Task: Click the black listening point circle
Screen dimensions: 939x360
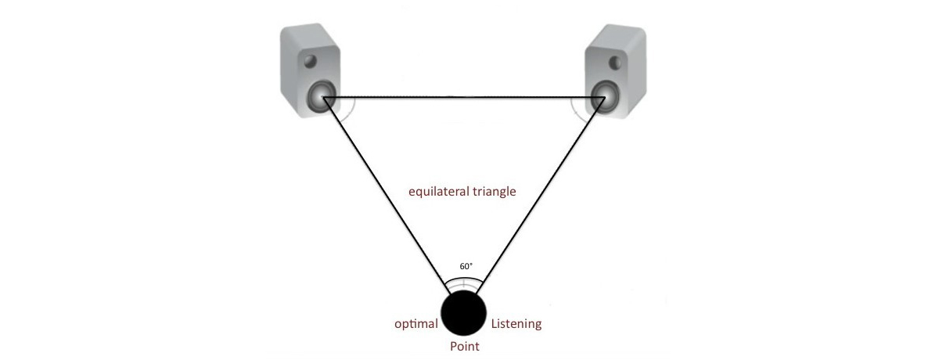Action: (463, 312)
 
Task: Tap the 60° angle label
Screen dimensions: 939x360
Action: (466, 266)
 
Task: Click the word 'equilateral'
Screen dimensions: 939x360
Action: (439, 192)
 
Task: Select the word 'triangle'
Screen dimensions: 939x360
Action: (495, 192)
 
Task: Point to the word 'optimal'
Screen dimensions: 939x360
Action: (416, 324)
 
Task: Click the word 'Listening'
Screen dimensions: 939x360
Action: (516, 324)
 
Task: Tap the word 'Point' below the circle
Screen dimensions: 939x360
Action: (465, 346)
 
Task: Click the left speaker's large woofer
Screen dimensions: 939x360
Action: (322, 97)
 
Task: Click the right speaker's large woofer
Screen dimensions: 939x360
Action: (605, 97)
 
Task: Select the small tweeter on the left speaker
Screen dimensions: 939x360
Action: (310, 62)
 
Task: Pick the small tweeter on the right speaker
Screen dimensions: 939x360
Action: (615, 63)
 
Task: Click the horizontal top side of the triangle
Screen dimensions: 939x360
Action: (464, 98)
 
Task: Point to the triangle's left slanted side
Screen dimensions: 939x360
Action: (386, 196)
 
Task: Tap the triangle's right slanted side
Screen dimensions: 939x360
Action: (541, 196)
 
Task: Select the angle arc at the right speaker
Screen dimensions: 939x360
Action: (575, 111)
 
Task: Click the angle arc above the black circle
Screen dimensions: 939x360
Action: (463, 278)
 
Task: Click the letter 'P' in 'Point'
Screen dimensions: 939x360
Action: (454, 346)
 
